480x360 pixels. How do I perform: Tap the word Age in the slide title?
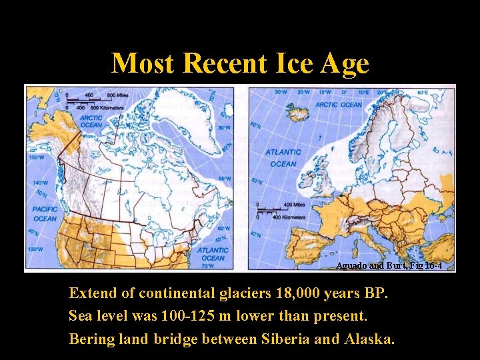pyautogui.click(x=344, y=64)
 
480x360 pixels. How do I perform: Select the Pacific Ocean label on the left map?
pyautogui.click(x=44, y=214)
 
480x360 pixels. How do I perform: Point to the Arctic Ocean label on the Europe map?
pyautogui.click(x=339, y=105)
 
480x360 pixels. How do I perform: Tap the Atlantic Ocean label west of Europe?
pyautogui.click(x=283, y=158)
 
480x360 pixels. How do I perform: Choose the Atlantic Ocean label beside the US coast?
pyautogui.click(x=212, y=253)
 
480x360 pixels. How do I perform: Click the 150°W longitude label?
pyautogui.click(x=36, y=158)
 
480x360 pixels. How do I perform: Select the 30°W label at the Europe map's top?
pyautogui.click(x=281, y=92)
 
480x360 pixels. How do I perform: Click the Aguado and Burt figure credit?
pyautogui.click(x=389, y=265)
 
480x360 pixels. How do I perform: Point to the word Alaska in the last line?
pyautogui.click(x=369, y=339)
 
